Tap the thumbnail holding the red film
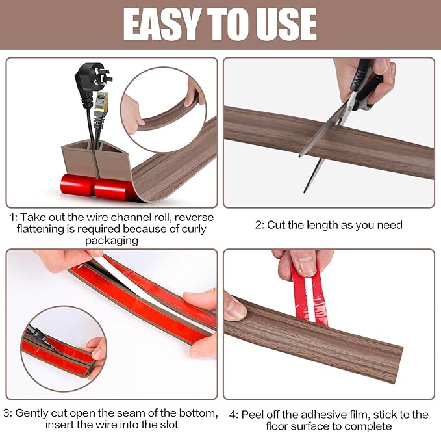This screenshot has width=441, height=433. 303,263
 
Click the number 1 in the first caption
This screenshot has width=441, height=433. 13,217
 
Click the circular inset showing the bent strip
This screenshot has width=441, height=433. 162,101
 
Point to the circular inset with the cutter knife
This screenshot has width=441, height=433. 63,348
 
